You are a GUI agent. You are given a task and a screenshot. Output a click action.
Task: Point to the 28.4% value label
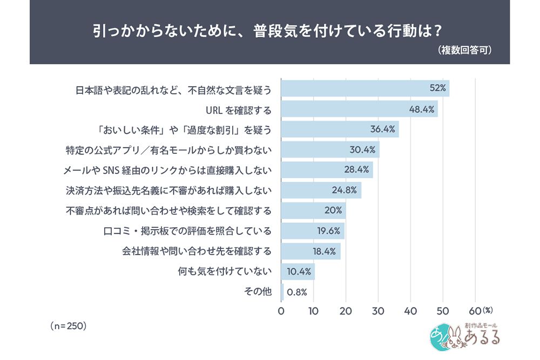tap(356, 169)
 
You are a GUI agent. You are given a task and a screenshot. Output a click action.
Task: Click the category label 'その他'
tap(258, 291)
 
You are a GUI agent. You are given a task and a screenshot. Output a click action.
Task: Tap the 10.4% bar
tap(298, 271)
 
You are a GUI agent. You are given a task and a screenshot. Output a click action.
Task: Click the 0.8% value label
tap(297, 292)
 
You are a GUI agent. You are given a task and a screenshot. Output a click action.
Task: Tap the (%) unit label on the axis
tap(488, 310)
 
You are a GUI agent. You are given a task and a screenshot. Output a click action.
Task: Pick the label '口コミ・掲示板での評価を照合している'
tap(187, 230)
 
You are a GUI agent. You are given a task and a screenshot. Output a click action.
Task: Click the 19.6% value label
tap(328, 231)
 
